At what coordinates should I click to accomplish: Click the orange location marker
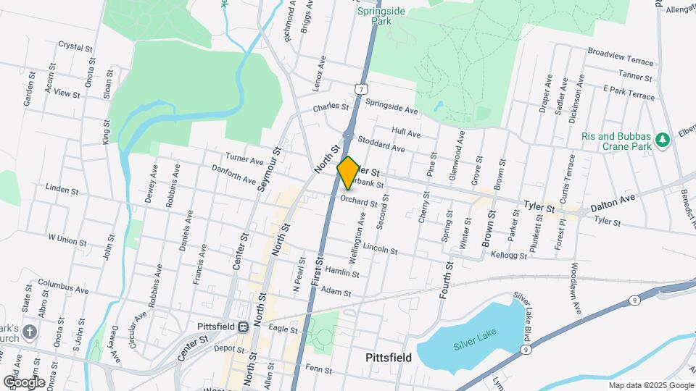(348, 172)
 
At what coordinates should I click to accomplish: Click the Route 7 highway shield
(360, 88)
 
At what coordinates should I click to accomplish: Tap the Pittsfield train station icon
(244, 327)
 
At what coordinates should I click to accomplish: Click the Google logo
(24, 382)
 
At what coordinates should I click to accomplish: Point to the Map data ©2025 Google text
(650, 385)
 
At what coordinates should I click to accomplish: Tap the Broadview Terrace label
(621, 53)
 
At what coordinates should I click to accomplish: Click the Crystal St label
(77, 46)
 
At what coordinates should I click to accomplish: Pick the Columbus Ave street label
(62, 285)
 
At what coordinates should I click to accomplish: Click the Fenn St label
(318, 369)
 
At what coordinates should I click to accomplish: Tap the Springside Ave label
(392, 106)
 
